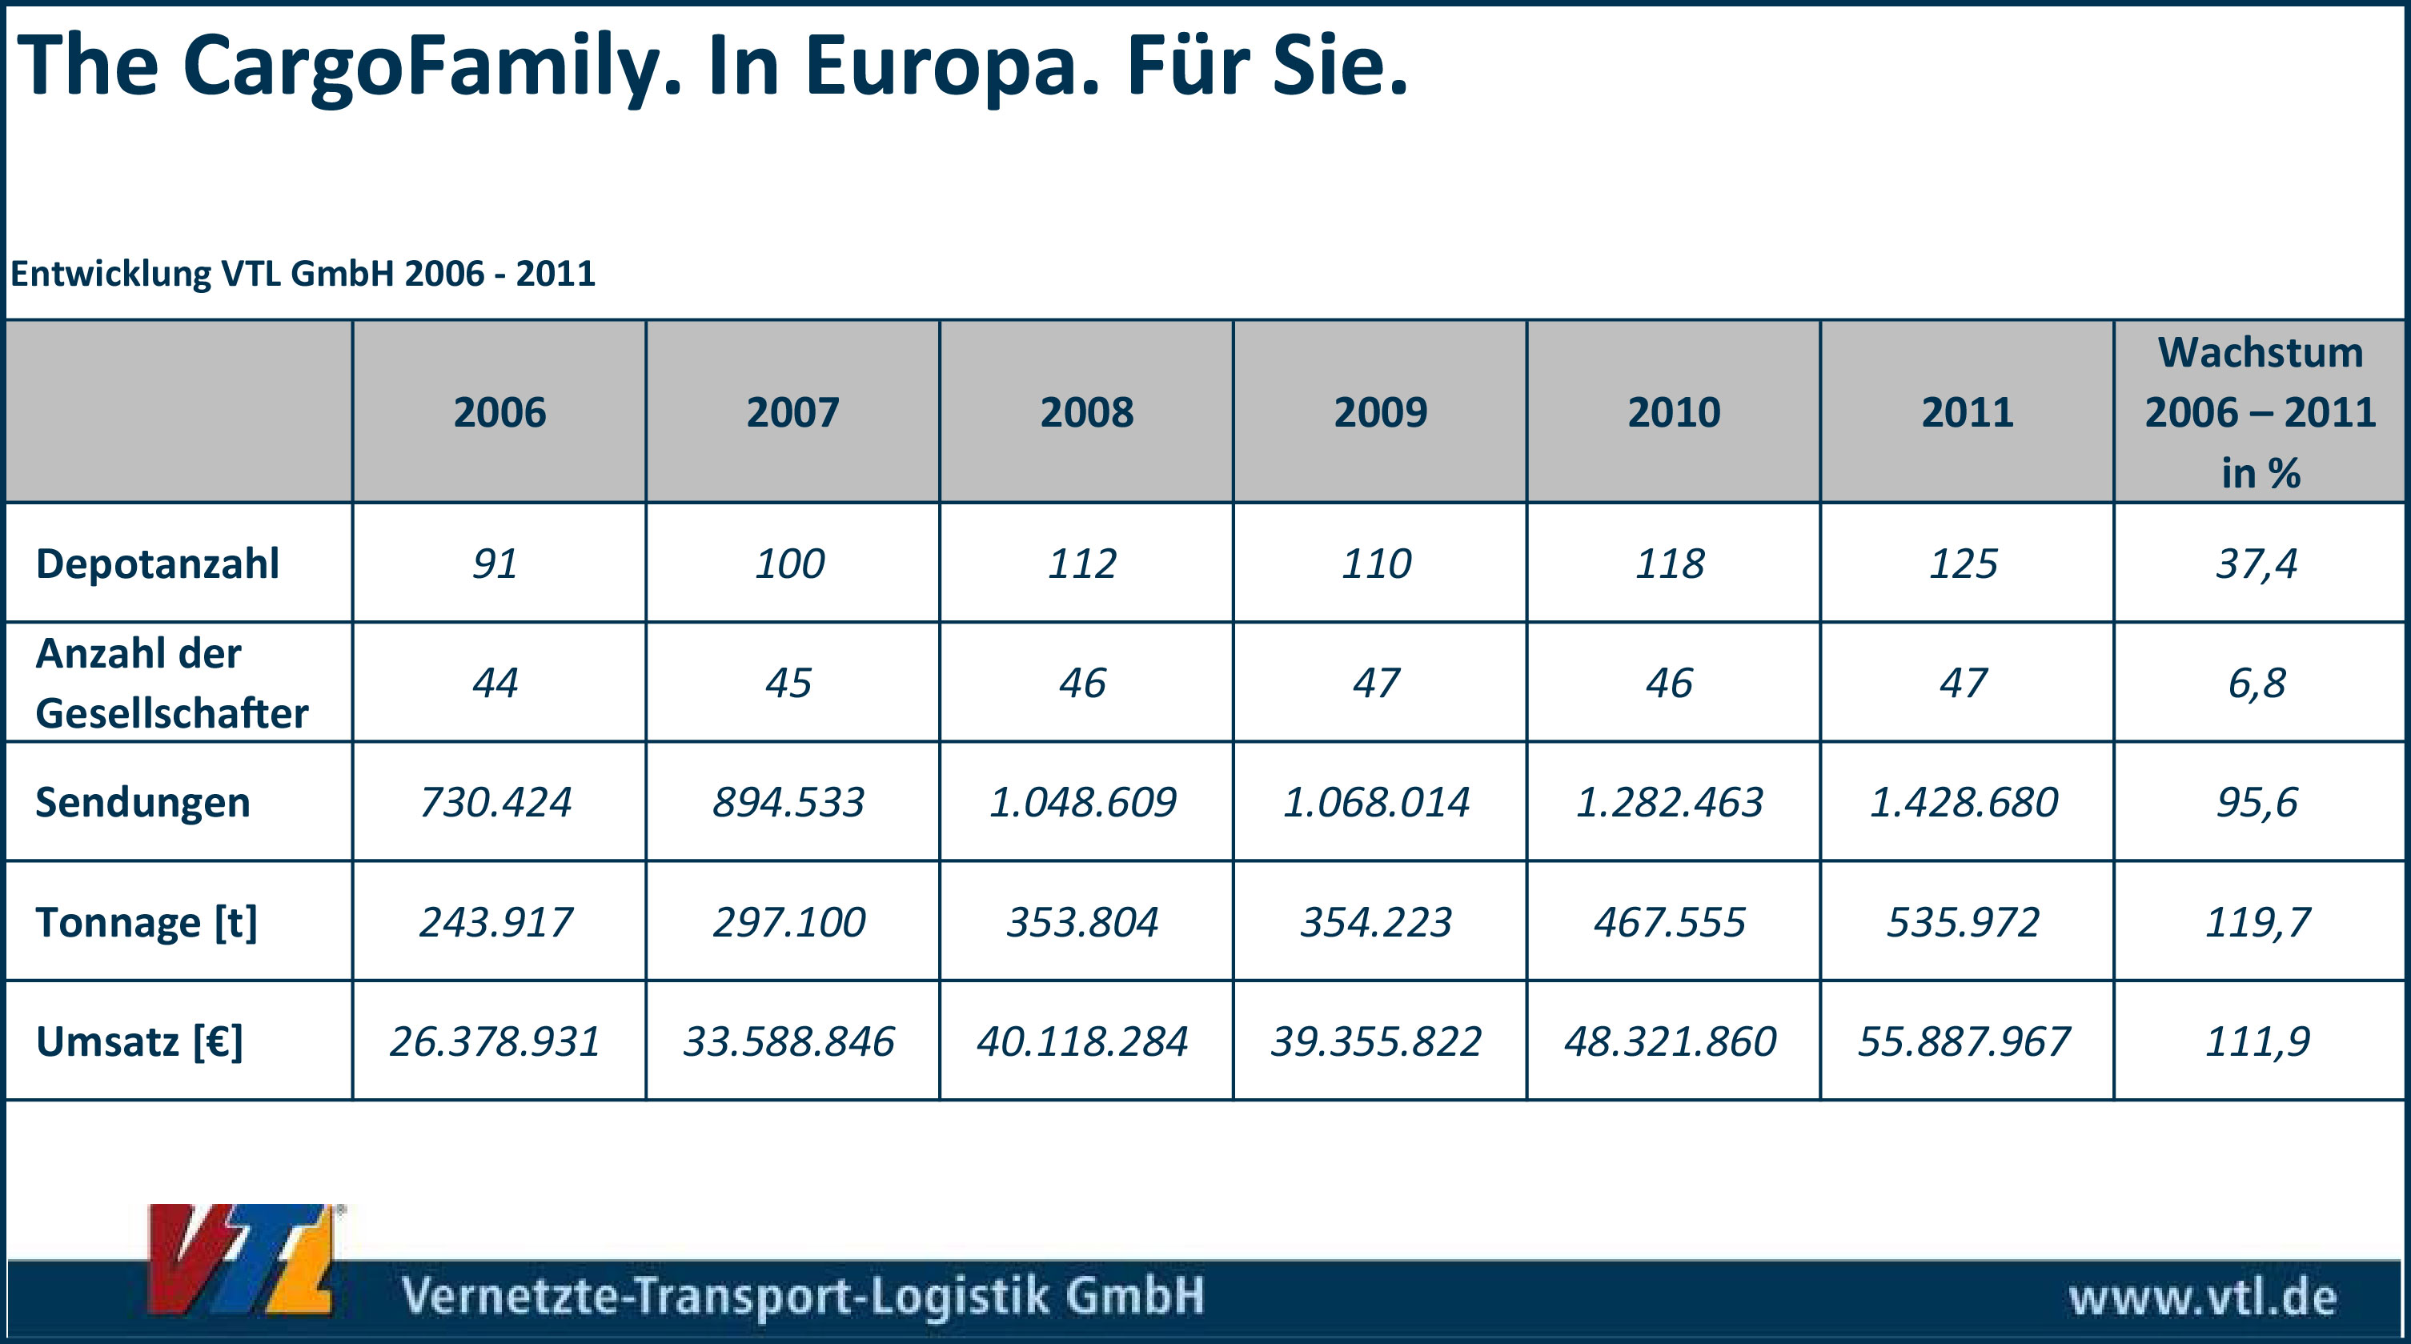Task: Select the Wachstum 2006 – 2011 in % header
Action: point(2260,411)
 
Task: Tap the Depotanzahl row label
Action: point(157,564)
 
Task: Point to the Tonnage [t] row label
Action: point(146,922)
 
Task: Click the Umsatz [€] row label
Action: point(138,1041)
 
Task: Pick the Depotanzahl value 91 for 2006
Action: point(495,564)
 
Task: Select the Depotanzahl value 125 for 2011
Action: point(1964,564)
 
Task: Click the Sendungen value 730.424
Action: point(495,802)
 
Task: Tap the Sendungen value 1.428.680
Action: point(1964,802)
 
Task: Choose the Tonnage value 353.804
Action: point(1082,922)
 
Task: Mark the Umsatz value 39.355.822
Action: point(1376,1041)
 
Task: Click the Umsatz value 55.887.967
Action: point(1964,1041)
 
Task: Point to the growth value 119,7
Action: point(2257,922)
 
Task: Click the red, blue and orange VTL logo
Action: point(242,1260)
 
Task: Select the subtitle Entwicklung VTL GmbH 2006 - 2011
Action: point(303,273)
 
